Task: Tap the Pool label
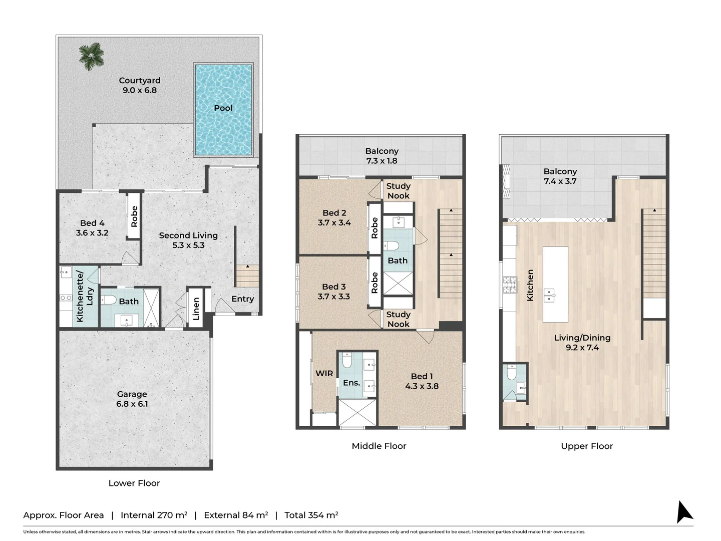click(223, 108)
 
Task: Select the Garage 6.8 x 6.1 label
click(132, 399)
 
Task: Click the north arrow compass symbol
click(683, 512)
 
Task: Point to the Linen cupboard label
click(196, 309)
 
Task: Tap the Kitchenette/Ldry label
click(85, 296)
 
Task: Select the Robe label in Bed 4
click(134, 216)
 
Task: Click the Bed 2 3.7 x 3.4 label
click(334, 218)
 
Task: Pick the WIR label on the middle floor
click(324, 373)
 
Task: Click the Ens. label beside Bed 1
click(351, 383)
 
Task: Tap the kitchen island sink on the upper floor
click(550, 295)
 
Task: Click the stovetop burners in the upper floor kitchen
click(510, 285)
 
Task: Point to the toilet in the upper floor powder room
click(511, 373)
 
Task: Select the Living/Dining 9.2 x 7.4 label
click(582, 343)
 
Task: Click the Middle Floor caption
click(379, 446)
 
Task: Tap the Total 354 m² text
click(311, 515)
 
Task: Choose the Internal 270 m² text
click(154, 515)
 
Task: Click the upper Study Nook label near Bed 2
click(398, 191)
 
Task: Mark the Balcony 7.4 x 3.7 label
click(560, 176)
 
